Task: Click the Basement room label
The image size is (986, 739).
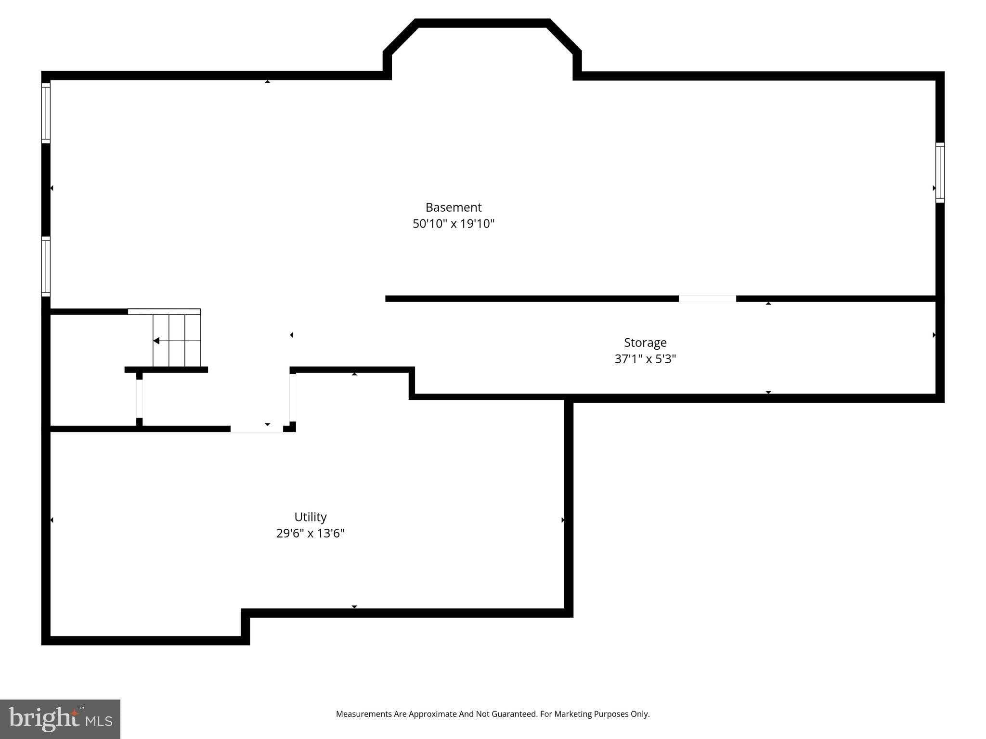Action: (x=454, y=207)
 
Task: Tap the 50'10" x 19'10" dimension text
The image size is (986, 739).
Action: (x=454, y=224)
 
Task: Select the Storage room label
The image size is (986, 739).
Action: (x=645, y=343)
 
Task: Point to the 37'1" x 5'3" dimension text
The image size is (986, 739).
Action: (x=645, y=359)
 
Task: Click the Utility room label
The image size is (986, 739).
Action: (x=311, y=517)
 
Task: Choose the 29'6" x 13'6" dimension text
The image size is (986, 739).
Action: (x=311, y=533)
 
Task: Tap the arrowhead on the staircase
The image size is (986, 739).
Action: (x=156, y=341)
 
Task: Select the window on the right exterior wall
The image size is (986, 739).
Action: (x=940, y=172)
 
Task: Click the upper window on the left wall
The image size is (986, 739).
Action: (x=46, y=113)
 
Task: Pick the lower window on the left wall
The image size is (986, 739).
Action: (x=46, y=266)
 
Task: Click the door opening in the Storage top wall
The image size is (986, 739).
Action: (x=707, y=299)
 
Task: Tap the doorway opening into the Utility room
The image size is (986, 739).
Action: (x=257, y=429)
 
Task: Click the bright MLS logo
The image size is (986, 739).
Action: (x=60, y=719)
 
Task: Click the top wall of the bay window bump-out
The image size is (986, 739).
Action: (x=482, y=23)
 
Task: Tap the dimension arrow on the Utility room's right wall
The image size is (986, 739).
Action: (x=563, y=520)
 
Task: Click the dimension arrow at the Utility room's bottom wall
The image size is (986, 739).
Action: (x=354, y=607)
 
